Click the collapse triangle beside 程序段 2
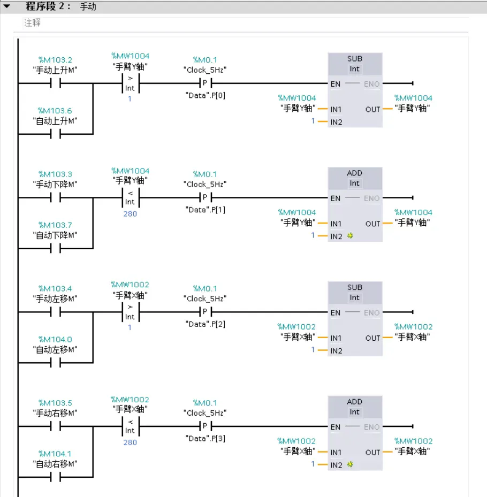tap(7, 7)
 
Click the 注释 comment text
tap(32, 23)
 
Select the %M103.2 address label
tap(55, 60)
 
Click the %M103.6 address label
tap(55, 111)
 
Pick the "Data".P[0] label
tap(206, 95)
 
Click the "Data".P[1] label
tap(206, 210)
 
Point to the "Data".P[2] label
tap(206, 324)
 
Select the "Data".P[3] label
tap(206, 439)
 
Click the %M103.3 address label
tap(55, 174)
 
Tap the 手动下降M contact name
tap(55, 185)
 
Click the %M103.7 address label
tap(55, 225)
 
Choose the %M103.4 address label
tap(55, 289)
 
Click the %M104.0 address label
tap(55, 339)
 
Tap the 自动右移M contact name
tap(55, 464)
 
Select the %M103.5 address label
tap(55, 403)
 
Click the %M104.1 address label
tap(55, 454)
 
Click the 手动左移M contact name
tap(55, 299)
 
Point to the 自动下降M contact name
tap(55, 235)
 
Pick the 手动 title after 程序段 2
tap(88, 7)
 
